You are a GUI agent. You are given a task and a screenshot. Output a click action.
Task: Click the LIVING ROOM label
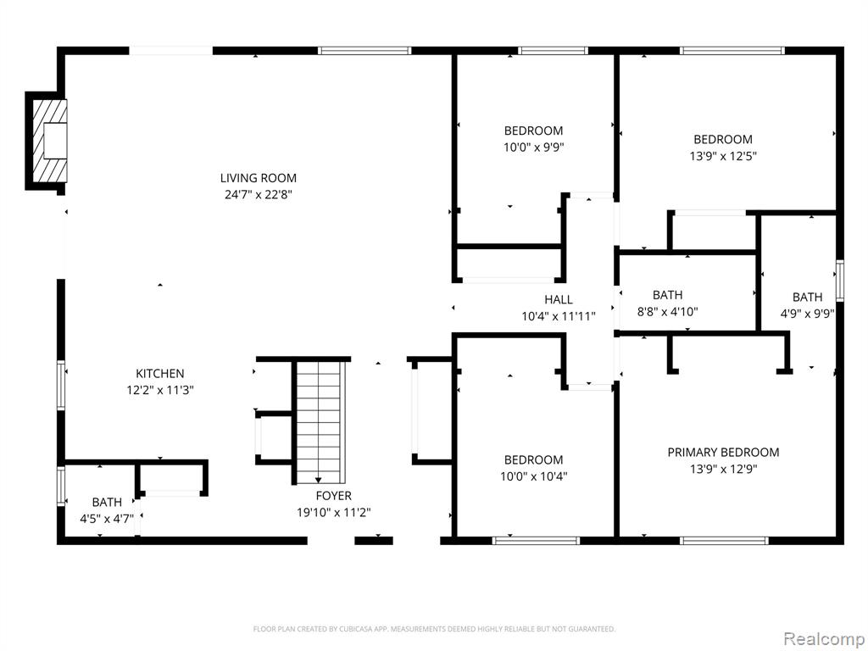[258, 178]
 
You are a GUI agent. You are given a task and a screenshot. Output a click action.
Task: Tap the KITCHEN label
[160, 374]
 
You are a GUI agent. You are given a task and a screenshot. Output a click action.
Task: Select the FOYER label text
[333, 495]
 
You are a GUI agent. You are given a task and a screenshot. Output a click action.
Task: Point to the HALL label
[558, 299]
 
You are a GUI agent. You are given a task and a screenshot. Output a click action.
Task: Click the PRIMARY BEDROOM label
[723, 453]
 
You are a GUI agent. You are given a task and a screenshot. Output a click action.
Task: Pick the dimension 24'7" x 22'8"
[258, 195]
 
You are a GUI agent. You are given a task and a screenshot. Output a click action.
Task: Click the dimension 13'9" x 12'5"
[723, 156]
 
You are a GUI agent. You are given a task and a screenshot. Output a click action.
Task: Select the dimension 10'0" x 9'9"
[534, 147]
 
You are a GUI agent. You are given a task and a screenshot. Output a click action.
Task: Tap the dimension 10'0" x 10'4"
[534, 476]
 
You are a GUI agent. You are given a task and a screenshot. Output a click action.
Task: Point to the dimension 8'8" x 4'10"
[668, 312]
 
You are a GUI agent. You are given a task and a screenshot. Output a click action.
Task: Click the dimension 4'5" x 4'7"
[107, 519]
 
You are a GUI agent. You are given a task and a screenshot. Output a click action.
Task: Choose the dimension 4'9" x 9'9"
[807, 314]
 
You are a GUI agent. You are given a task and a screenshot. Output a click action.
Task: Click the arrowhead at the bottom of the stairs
[319, 480]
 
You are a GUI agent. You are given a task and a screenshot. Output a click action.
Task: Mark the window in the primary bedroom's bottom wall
[724, 540]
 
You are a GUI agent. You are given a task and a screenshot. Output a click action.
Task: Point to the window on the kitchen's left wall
[61, 386]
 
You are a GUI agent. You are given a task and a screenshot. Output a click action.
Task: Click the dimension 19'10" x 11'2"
[333, 513]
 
